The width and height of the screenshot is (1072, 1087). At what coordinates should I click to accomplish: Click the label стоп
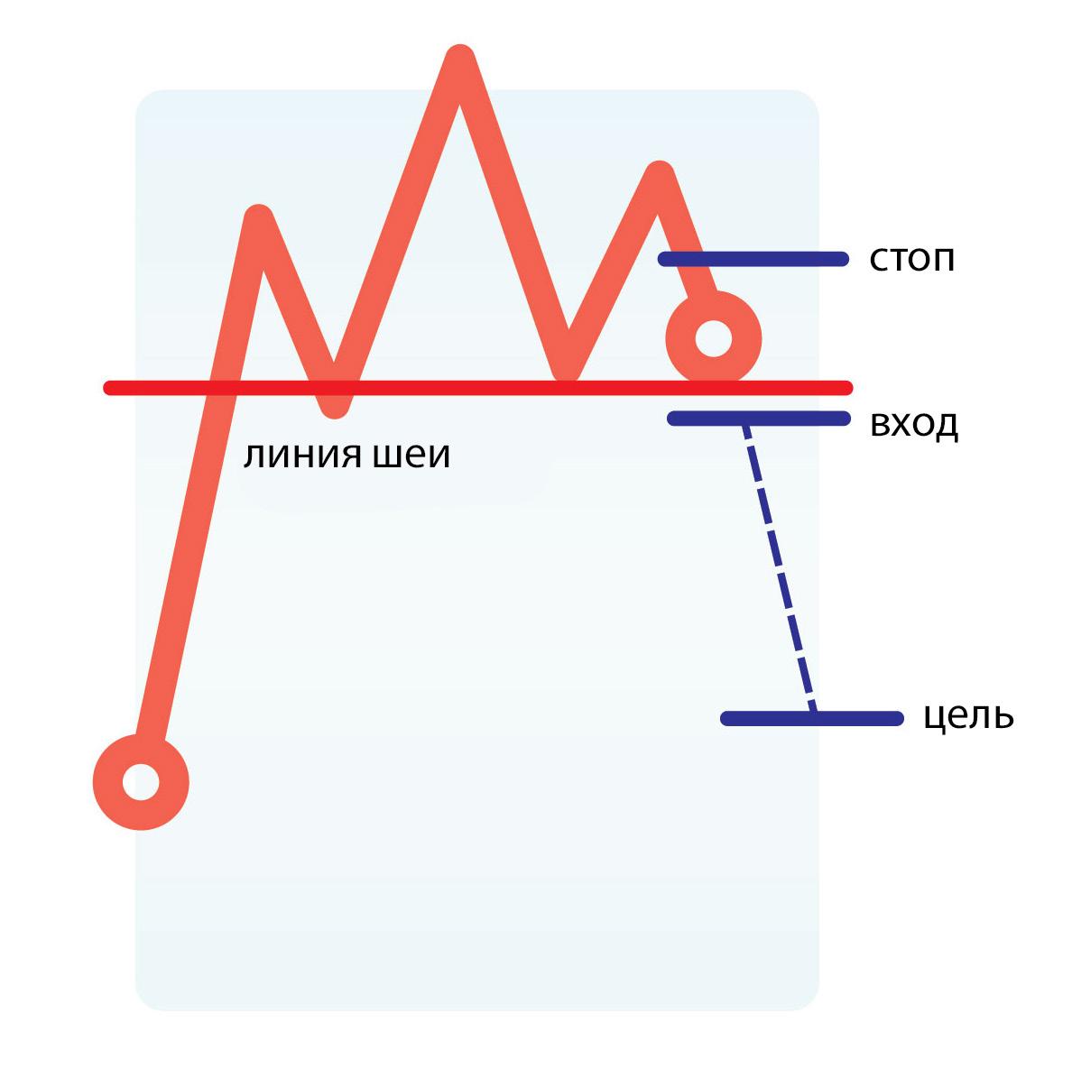[x=911, y=260]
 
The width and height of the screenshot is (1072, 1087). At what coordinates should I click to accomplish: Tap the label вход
[x=913, y=424]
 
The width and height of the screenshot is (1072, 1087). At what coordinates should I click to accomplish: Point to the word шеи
[x=411, y=456]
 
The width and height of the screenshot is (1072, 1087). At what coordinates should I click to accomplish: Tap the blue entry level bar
[x=758, y=419]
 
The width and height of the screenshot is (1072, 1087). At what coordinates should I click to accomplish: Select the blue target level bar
[x=812, y=719]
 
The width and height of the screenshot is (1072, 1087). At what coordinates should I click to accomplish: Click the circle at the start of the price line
[x=141, y=781]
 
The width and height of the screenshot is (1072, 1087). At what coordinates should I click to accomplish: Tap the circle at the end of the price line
[x=714, y=340]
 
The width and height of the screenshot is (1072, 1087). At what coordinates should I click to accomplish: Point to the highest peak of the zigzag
[x=460, y=59]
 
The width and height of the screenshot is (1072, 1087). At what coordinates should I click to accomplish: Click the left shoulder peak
[x=259, y=218]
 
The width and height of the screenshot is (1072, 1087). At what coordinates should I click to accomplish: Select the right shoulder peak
[x=660, y=174]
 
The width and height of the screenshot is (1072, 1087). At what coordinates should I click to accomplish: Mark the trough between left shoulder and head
[x=335, y=406]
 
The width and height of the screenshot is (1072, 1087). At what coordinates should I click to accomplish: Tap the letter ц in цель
[x=936, y=719]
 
